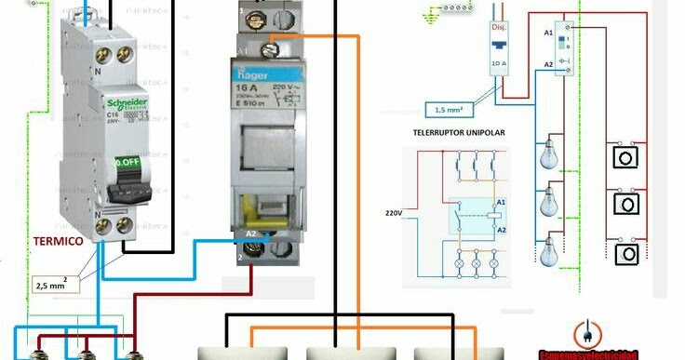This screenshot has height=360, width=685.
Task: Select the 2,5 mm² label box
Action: pos(56,282)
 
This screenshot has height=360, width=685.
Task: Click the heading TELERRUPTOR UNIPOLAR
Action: pos(459,134)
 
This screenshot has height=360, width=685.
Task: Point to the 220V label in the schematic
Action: pos(395,213)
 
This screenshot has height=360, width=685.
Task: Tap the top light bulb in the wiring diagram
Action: pos(550,153)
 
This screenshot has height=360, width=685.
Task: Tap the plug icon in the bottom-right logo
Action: pos(587,333)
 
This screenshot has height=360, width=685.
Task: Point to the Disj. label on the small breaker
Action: pos(500,27)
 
